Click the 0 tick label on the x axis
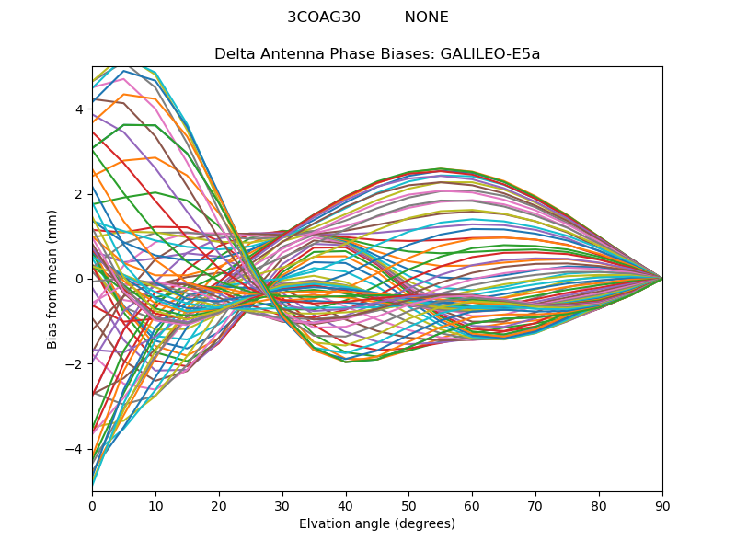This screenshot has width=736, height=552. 92,505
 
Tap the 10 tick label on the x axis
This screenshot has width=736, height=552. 155,505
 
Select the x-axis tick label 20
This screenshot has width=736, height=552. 219,505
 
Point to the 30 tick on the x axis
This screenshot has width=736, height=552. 282,505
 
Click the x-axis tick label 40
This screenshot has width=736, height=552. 346,505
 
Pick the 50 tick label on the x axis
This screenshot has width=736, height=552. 408,505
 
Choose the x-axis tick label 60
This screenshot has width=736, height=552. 472,505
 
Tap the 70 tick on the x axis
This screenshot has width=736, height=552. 535,505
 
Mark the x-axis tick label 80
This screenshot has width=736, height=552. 599,505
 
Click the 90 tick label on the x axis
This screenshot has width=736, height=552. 662,505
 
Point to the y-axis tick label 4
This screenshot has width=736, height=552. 79,109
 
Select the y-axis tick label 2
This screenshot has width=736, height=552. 79,194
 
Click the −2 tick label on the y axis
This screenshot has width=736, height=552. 76,364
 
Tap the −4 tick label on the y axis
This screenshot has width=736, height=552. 76,449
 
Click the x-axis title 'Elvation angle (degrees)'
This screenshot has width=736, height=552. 377,524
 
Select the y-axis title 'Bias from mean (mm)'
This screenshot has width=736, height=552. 53,278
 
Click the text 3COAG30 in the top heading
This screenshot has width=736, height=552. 324,17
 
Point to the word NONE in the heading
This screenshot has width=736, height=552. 427,17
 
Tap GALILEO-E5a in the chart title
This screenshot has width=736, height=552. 495,53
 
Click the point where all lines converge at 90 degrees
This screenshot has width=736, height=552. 662,279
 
